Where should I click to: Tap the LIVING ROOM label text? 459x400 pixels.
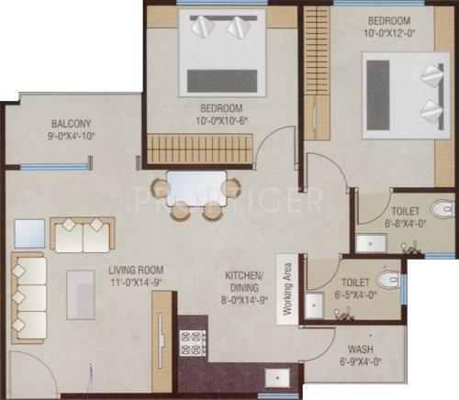click(x=136, y=270)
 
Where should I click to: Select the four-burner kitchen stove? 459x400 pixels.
click(x=195, y=343)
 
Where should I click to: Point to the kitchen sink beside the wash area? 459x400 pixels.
click(x=275, y=376)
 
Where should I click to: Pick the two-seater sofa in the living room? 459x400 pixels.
click(x=82, y=235)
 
